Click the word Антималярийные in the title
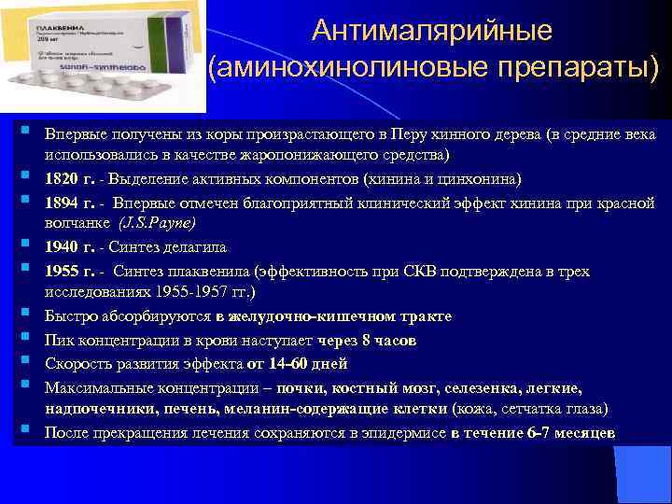(x=432, y=31)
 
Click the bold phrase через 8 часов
(x=366, y=340)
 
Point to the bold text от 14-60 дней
(x=300, y=363)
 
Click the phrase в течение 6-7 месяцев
(x=533, y=432)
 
